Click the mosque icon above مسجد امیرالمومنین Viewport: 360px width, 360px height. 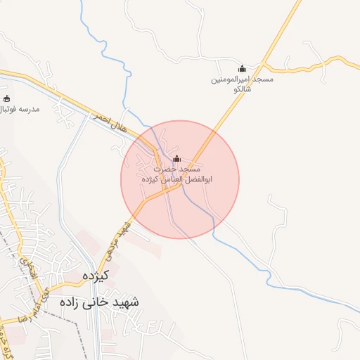[243, 69]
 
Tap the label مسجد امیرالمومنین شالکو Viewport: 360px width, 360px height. [243, 85]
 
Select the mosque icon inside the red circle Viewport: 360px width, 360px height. [176, 158]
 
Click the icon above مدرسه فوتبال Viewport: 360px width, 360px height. [7, 99]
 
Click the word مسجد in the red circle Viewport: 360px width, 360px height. [191, 170]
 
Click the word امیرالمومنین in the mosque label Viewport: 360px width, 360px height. [232, 80]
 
